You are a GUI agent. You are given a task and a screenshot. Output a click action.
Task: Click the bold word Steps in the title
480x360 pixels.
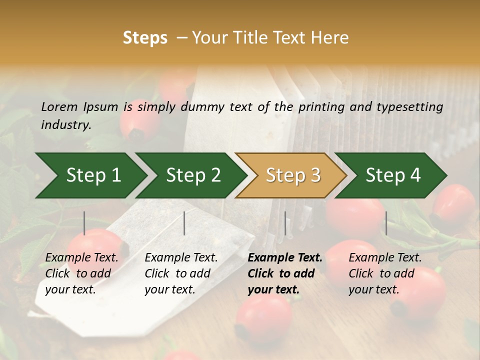pyautogui.click(x=145, y=38)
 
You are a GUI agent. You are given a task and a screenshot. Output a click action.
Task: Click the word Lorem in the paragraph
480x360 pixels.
pyautogui.click(x=59, y=106)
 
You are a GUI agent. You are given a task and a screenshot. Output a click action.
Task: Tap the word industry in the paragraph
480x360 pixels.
pyautogui.click(x=66, y=124)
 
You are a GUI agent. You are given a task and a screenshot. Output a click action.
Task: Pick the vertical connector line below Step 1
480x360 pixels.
pyautogui.click(x=84, y=223)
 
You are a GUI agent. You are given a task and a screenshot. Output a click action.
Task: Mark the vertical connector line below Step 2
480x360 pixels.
pyautogui.click(x=184, y=223)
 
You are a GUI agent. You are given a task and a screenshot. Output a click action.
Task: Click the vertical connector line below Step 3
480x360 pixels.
pyautogui.click(x=285, y=223)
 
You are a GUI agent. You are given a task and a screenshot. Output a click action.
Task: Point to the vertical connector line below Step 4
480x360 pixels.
pyautogui.click(x=386, y=223)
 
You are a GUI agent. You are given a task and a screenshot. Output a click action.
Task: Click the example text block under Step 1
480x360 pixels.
pyautogui.click(x=81, y=273)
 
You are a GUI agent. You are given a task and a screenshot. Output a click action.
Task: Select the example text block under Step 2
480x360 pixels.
pyautogui.click(x=181, y=273)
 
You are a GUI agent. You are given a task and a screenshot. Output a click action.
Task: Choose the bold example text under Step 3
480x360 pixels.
pyautogui.click(x=285, y=273)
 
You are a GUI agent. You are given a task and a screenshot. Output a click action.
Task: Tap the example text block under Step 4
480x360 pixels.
pyautogui.click(x=385, y=273)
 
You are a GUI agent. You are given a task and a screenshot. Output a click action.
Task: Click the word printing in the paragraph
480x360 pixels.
pyautogui.click(x=319, y=106)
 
